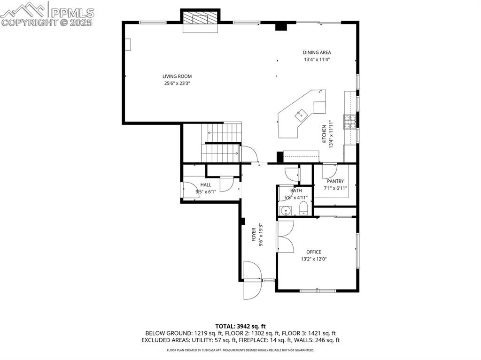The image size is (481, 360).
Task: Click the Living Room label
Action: (177, 77)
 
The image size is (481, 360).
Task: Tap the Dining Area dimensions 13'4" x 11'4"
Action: (317, 60)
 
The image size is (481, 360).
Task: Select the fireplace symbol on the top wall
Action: (200, 18)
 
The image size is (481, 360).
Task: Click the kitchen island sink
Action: (301, 115)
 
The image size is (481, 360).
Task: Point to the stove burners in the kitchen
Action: (349, 122)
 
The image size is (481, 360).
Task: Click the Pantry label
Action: (335, 181)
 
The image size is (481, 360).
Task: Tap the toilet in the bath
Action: (303, 208)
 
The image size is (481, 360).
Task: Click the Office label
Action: (314, 252)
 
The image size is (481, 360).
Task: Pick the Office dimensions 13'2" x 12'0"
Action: (314, 259)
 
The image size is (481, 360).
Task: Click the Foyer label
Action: (254, 235)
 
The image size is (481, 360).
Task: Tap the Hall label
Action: (206, 185)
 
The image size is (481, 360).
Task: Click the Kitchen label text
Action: (324, 134)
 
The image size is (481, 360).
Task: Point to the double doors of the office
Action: (286, 236)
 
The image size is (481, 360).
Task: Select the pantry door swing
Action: (330, 171)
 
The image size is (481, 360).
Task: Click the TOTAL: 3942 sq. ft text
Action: (240, 326)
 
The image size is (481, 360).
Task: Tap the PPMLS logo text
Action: (72, 13)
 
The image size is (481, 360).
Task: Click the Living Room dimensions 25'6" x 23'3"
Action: (177, 83)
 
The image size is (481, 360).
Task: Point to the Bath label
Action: (296, 191)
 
